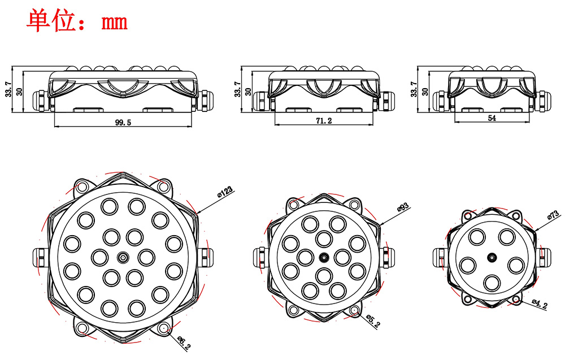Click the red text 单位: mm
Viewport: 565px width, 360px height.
77,21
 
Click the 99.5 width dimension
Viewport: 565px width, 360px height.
123,123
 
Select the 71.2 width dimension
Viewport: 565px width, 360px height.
324,121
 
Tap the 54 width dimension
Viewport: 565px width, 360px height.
492,118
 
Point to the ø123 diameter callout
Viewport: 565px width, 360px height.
225,192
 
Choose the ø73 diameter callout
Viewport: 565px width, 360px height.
553,215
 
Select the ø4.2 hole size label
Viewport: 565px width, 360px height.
540,304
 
